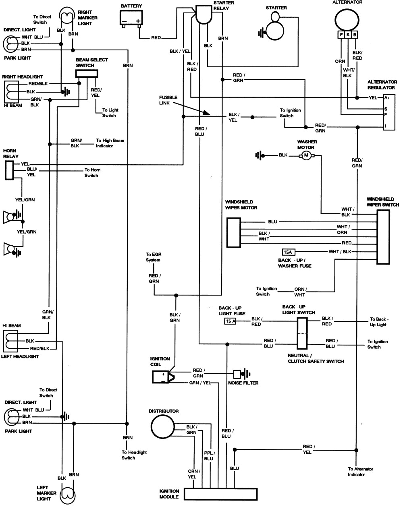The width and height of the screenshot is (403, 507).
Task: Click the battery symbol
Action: click(132, 18)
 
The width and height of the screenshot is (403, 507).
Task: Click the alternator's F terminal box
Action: click(342, 35)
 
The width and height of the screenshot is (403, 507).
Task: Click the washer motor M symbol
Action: click(306, 155)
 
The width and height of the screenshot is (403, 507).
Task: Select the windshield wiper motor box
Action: click(234, 233)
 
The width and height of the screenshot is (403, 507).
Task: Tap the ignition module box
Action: click(220, 494)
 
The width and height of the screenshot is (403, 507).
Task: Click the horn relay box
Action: click(9, 170)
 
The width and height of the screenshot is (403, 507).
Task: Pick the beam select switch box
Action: click(87, 73)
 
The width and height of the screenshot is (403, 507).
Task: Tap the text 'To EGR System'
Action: click(153, 257)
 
